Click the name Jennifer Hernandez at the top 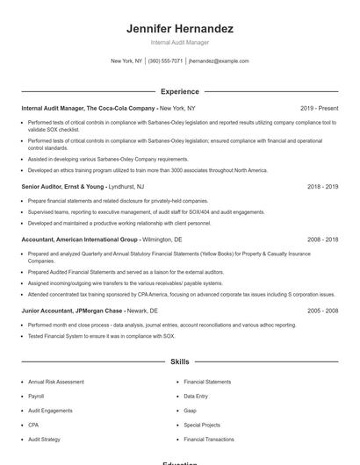[x=179, y=29]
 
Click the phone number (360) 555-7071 [x=165, y=61]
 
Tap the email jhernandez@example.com [x=219, y=61]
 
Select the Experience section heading [x=179, y=91]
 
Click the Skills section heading [x=179, y=361]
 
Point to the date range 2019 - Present [x=319, y=108]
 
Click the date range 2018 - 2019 [x=322, y=187]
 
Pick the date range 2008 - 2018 [x=322, y=239]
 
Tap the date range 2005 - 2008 [x=322, y=311]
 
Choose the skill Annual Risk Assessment [x=56, y=382]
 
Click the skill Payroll [x=38, y=396]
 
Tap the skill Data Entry [x=196, y=396]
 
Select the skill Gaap [x=191, y=411]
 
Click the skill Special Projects [x=201, y=425]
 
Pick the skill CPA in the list [x=34, y=425]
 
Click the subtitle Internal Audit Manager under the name [x=179, y=42]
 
